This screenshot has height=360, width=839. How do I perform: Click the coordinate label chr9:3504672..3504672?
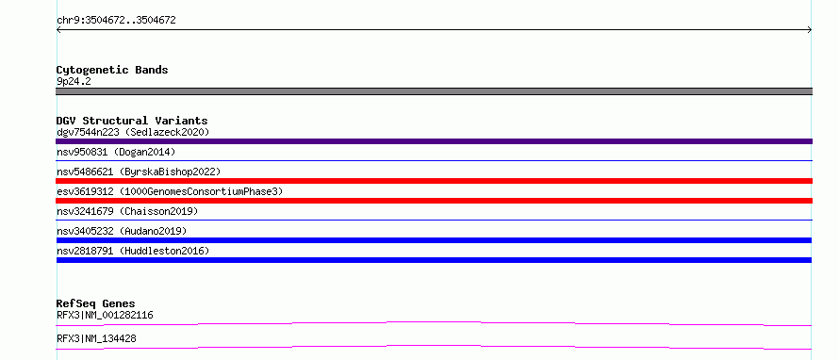coord(116,21)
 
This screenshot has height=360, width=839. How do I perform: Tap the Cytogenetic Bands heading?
coord(112,70)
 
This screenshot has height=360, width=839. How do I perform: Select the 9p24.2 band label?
coord(74,82)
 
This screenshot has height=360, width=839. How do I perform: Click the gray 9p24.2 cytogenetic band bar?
coord(434,91)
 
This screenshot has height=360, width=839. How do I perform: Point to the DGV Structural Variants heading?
coord(132,121)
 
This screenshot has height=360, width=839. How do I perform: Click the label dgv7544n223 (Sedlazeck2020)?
coord(133,132)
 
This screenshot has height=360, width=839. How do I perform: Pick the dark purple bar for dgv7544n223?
coord(434,141)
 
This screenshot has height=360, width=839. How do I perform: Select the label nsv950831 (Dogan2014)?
coord(116,152)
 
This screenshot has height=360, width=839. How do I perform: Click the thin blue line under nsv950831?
coord(434,160)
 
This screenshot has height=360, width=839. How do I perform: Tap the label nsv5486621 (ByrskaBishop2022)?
coord(139,172)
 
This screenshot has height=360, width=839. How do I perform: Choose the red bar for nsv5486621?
coord(434,181)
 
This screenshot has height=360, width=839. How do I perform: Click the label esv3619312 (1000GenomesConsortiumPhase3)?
coord(170,191)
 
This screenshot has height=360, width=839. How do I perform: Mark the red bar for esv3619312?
coord(434,201)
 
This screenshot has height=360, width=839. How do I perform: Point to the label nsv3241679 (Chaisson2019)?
coord(127,211)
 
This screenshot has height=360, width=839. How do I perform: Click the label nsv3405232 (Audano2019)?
coord(122,231)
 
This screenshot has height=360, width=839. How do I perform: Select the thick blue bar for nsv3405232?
coord(434,240)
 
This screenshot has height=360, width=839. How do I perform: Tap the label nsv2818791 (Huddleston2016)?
coord(133,251)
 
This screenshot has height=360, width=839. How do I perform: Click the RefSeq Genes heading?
coord(96,304)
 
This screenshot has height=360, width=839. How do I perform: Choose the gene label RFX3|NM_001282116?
coord(105,316)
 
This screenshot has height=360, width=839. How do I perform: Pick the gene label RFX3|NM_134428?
coord(96,339)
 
